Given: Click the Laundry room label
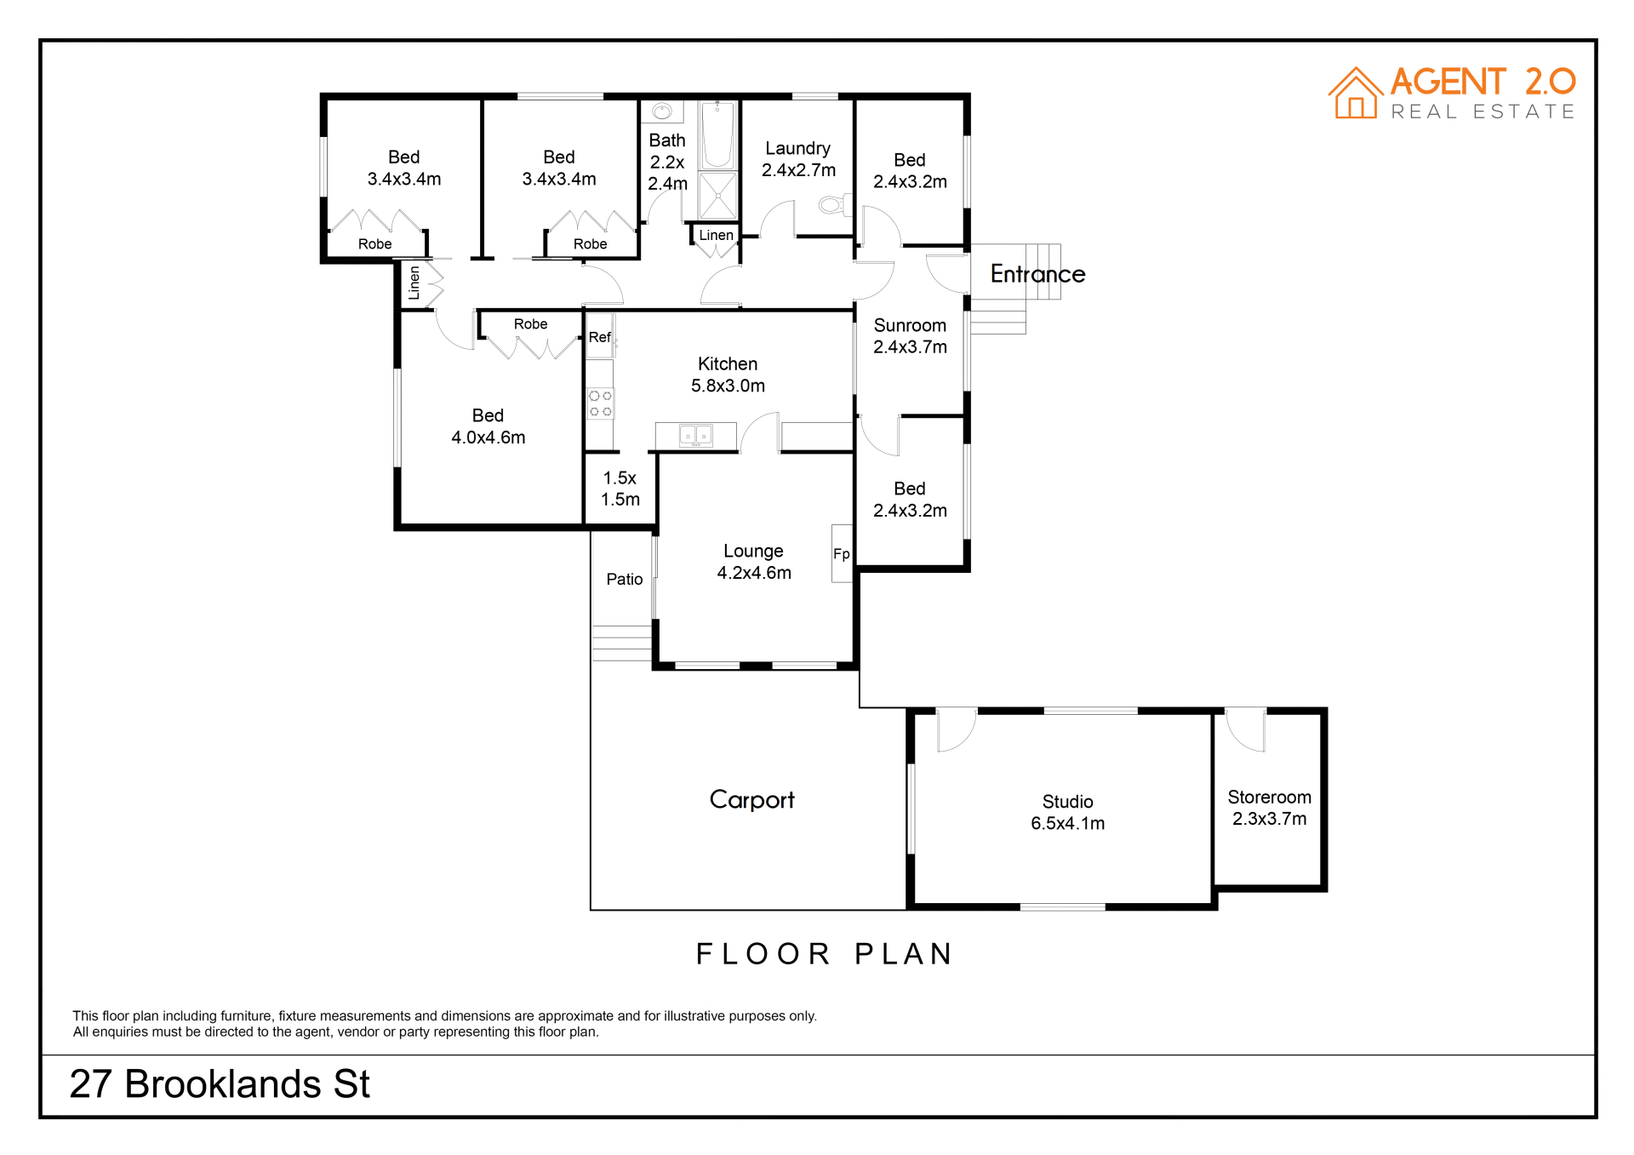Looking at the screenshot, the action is click(x=798, y=159).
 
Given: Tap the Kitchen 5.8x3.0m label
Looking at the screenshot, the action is click(x=728, y=375).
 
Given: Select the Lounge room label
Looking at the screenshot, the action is click(x=754, y=562).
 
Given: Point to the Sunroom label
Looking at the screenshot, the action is click(x=910, y=336).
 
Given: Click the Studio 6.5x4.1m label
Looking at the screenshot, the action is click(x=1067, y=813).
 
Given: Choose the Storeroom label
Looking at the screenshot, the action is click(x=1269, y=808).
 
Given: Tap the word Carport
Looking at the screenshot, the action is click(x=752, y=800).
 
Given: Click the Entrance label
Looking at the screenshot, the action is click(x=1037, y=274).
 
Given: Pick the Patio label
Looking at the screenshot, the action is click(x=624, y=580).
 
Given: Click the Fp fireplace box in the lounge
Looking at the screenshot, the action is click(x=842, y=553).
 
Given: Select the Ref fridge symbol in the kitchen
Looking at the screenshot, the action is click(x=600, y=336).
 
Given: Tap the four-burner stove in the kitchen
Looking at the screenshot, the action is click(x=600, y=403).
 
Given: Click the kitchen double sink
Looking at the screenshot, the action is click(x=695, y=436).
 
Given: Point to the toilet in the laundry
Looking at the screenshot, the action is click(x=832, y=204).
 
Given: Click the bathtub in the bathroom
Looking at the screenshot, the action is click(x=717, y=134).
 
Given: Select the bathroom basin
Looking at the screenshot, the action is click(x=662, y=111).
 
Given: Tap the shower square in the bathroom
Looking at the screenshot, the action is click(x=717, y=196).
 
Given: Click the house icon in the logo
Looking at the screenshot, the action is click(x=1356, y=94).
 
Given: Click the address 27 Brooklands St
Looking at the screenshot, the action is click(x=220, y=1084).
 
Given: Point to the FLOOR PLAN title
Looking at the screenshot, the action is click(x=824, y=954).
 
